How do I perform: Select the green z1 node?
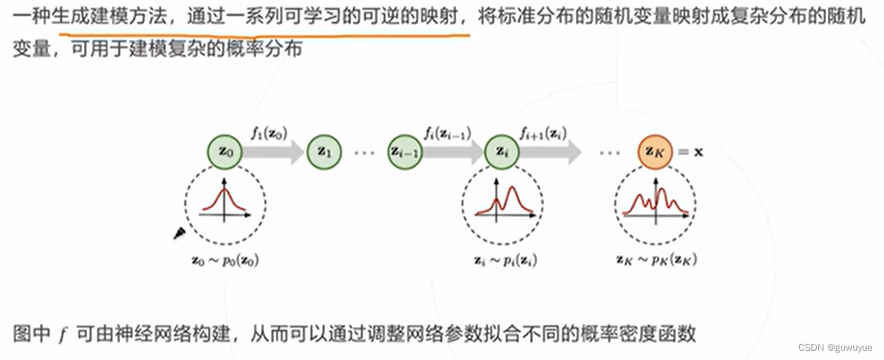323,151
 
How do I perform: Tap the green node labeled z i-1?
406,151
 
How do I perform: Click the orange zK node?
655,151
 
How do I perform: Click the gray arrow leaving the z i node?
550,152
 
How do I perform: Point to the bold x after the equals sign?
697,151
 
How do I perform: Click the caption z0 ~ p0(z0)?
225,260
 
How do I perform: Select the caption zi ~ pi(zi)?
503,260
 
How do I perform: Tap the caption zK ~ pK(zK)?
655,260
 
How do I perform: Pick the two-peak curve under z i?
503,201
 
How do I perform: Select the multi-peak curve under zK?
655,201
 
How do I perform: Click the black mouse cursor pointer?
180,232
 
